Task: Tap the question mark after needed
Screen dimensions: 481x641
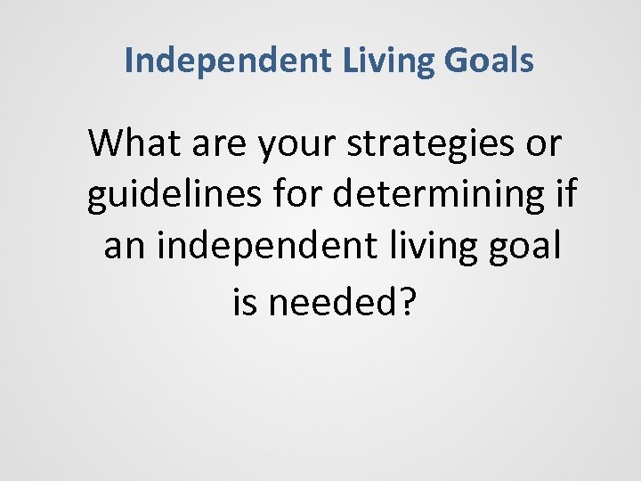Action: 407,303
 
